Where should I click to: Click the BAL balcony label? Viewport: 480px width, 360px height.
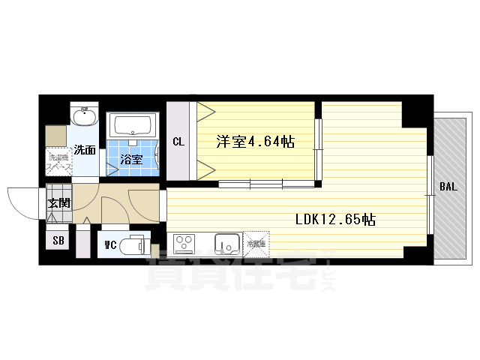tap(447, 186)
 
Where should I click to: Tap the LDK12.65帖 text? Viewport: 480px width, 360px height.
tap(335, 220)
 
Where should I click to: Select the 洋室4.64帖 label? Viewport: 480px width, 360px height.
tap(255, 141)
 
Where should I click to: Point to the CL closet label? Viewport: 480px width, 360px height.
tap(178, 141)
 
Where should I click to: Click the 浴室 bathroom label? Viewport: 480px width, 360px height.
tap(132, 159)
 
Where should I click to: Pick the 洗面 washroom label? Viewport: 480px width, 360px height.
tap(85, 150)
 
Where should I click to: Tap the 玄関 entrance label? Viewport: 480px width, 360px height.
tap(58, 202)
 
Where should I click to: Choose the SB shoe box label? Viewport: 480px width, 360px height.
tap(58, 241)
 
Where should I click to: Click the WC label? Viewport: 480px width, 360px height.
tap(109, 244)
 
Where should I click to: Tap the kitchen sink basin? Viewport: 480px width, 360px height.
tap(225, 243)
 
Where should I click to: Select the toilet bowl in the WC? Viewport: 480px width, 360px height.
tap(136, 244)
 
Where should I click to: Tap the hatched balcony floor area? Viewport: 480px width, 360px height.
tap(450, 150)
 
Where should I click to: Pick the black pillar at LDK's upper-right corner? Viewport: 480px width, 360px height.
tap(416, 111)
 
